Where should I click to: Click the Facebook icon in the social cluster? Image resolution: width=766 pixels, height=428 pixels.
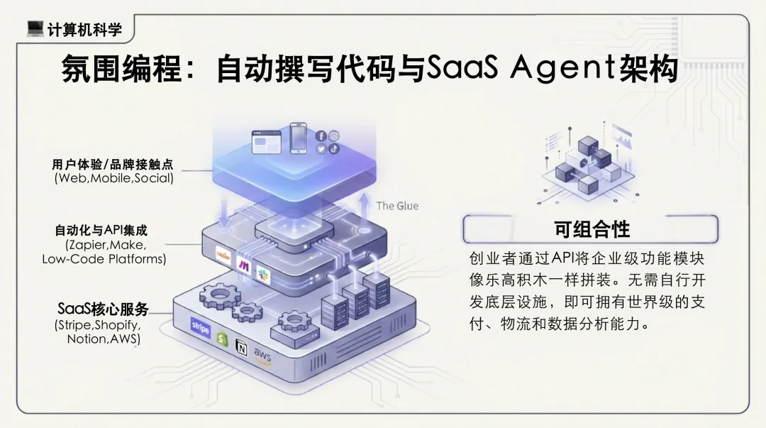click(x=321, y=136)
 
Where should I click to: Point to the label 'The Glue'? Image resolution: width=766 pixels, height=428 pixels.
click(x=397, y=206)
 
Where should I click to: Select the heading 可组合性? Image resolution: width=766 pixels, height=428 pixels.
click(x=592, y=229)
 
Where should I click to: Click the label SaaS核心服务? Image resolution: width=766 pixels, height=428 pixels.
click(x=103, y=310)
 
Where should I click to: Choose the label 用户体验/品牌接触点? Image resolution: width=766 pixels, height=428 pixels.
click(x=112, y=165)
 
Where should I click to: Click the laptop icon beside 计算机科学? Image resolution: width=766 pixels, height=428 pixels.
click(x=35, y=28)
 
